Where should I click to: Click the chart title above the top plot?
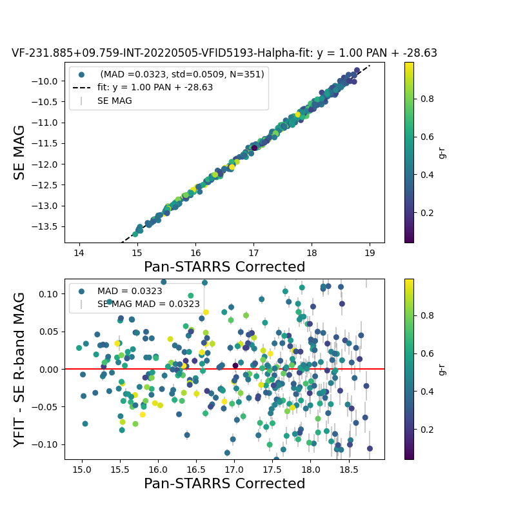(224, 53)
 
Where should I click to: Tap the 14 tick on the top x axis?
(79, 252)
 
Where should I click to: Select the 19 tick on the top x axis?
(370, 252)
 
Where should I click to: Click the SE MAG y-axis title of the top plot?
(20, 152)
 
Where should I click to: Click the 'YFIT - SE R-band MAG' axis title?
(20, 369)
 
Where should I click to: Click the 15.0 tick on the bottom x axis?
(82, 469)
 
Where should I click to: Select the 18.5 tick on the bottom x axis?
(348, 469)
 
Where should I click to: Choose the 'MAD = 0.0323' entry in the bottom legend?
(130, 291)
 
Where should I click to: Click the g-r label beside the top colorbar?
(442, 152)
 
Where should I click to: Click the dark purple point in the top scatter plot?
(254, 148)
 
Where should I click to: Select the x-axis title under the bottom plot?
(224, 484)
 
